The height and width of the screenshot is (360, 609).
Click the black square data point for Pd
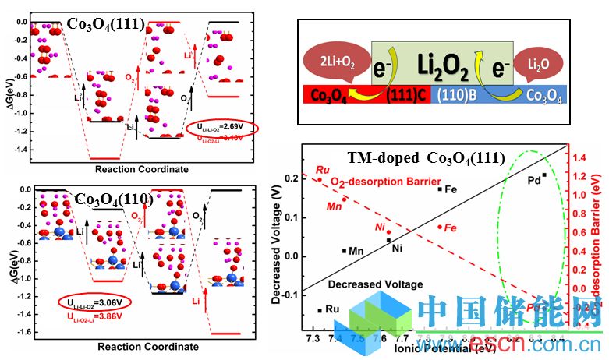[x=544, y=175]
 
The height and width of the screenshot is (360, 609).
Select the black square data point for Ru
[x=320, y=310]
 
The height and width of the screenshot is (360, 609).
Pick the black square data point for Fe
[x=440, y=189]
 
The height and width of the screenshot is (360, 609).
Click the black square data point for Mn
[x=344, y=250]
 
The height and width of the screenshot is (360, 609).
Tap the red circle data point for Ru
[x=319, y=180]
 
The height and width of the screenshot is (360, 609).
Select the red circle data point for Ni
[x=389, y=232]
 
